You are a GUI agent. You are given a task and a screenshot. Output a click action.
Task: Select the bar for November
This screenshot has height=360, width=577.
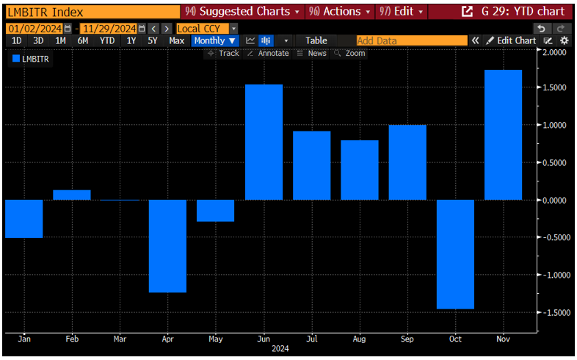point(503,135)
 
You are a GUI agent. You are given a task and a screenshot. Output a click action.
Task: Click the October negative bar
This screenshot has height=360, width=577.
point(455,254)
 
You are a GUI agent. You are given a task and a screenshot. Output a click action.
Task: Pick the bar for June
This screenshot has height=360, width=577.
point(264,143)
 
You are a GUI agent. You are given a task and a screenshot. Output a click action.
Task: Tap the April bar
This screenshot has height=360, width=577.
point(167,246)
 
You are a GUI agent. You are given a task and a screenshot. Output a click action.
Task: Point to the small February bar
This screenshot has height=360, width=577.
point(72,195)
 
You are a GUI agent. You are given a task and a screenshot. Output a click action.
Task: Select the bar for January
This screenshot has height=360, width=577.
point(23,219)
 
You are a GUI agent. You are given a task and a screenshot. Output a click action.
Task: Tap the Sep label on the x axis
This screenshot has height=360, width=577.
point(407,340)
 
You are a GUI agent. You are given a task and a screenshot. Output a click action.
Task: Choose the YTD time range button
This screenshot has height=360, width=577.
point(107,40)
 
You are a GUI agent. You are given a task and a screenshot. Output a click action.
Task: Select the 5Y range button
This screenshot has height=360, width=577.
point(152,40)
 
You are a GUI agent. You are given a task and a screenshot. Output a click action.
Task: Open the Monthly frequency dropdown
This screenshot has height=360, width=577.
point(215,40)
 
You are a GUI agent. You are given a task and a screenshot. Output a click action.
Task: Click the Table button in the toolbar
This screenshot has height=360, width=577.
point(316,40)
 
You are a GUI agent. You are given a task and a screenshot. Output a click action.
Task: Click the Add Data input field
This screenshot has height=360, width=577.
point(411,40)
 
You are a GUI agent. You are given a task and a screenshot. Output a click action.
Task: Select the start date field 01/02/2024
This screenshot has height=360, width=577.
point(35,28)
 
